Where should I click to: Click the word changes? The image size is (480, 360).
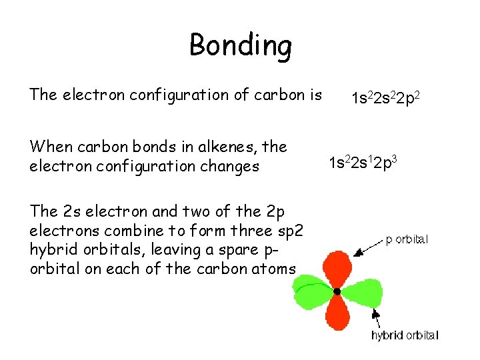coord(225,167)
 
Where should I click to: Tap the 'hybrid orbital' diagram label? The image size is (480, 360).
coord(405,335)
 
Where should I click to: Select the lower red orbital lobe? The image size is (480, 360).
coord(338,313)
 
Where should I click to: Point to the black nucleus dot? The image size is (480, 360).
coord(337,291)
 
